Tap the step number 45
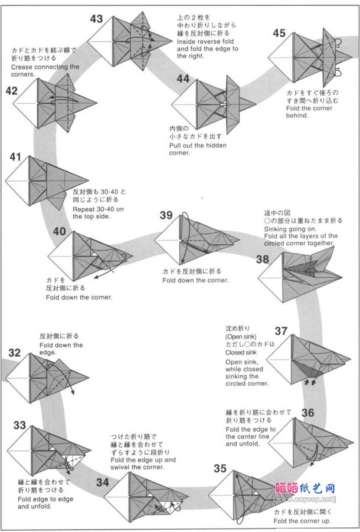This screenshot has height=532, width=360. (279, 34)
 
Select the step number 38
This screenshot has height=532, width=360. (263, 259)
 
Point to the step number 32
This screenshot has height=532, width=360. (15, 353)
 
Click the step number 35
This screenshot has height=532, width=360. (220, 469)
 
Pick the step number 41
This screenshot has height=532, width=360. (15, 157)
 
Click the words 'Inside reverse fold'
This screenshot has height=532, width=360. (204, 41)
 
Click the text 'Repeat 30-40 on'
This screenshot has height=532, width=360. (99, 209)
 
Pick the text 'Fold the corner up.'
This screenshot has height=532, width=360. (302, 521)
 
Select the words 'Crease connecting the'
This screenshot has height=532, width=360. (45, 67)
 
